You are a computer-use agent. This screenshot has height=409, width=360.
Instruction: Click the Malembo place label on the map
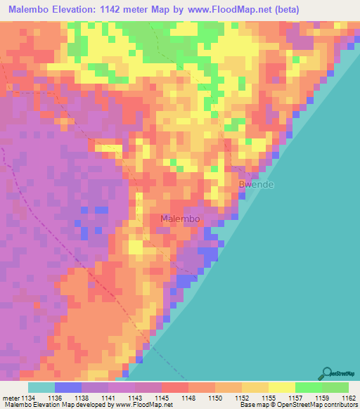point(180,219)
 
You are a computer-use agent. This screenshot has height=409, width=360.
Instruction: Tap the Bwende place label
point(256,185)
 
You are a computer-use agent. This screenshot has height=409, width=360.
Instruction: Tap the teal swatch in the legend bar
point(41,387)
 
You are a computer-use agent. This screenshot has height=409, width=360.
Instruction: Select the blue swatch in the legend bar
point(68,387)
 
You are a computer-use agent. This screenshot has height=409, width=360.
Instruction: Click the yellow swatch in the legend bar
point(281,387)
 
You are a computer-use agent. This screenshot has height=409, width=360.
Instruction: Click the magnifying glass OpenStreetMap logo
point(326,374)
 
